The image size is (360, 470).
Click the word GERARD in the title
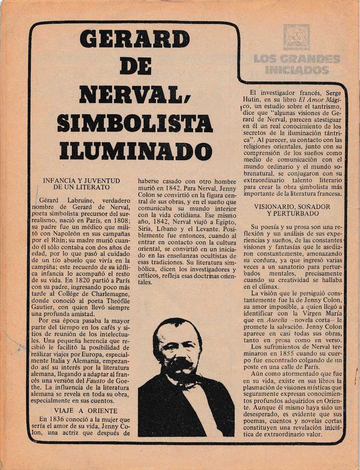pos(134,39)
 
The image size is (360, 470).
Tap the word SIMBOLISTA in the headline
pos(134,123)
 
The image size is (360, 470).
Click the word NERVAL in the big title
pos(131,95)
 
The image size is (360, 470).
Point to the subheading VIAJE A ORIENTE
pos(86,410)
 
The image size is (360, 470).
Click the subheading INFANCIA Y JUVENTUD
pos(81,180)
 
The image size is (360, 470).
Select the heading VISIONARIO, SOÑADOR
pos(292,207)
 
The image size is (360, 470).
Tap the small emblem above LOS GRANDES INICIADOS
pos(296,37)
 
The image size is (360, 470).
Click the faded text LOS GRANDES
pos(296,59)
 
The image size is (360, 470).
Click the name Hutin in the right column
pos(251,99)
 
